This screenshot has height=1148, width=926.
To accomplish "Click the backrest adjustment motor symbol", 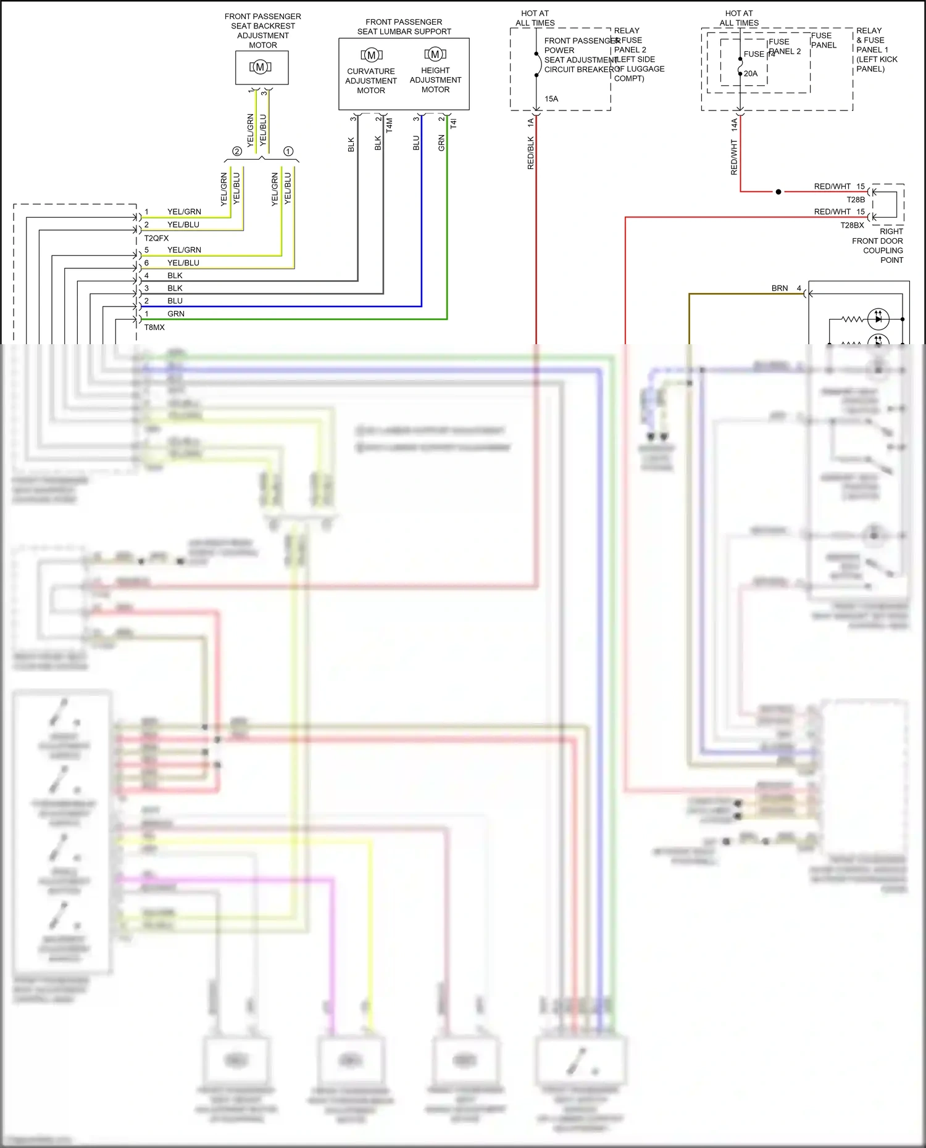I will [261, 67].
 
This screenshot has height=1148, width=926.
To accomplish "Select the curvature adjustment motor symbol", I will [371, 55].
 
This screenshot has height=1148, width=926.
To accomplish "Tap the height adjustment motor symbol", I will [435, 54].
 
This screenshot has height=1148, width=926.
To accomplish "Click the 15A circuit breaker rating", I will [551, 99].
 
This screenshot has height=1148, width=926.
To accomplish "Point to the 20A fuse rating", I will [751, 73].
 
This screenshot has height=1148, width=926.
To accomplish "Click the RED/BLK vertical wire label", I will [531, 153].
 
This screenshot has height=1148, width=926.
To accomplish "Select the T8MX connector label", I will [154, 328].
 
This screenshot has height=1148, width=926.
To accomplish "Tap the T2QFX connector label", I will [156, 238].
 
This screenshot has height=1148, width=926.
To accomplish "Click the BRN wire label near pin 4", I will [780, 288].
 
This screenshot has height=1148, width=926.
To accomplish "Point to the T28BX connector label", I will [852, 225].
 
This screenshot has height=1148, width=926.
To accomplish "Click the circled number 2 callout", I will [236, 151].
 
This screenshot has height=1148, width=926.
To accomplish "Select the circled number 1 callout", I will [288, 151].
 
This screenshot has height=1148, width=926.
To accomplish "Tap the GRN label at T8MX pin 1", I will [176, 314].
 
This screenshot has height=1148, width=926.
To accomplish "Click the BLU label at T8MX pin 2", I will [175, 301].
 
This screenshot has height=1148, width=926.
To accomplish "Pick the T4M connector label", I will [390, 125].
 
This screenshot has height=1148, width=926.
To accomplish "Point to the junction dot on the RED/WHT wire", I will [778, 192].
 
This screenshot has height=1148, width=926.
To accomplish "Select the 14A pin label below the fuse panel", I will [735, 125].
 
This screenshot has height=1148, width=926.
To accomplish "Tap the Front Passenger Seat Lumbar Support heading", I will [404, 27].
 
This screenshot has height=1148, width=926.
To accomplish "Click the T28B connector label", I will [856, 200].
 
